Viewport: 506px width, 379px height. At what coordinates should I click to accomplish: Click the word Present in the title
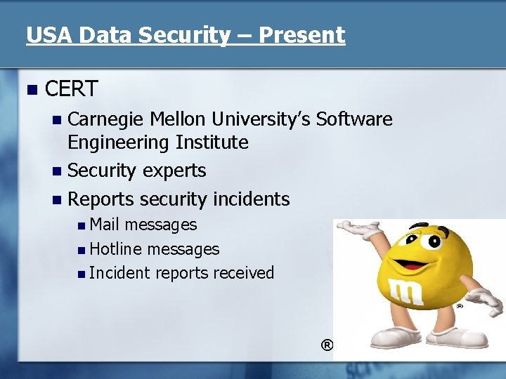coord(301,35)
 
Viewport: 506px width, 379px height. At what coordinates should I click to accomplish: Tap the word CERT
coord(71,89)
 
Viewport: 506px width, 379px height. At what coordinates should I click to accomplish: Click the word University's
coord(264,119)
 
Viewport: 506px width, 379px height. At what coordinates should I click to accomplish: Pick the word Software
coord(354,119)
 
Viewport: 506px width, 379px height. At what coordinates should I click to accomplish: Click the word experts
coord(174,171)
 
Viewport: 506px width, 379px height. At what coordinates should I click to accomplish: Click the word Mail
coord(105,225)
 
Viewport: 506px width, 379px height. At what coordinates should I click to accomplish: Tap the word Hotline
coord(116,249)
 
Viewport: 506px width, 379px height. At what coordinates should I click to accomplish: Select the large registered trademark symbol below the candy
coord(327,345)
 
